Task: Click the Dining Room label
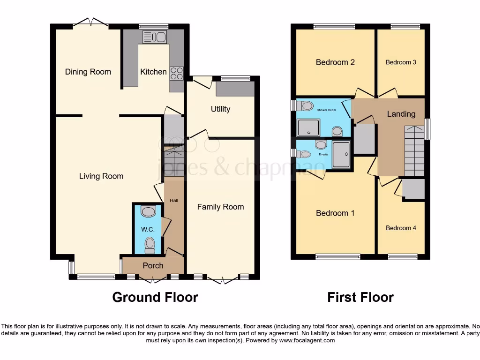point(88,72)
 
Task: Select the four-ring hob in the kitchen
point(177,72)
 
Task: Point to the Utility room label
point(220,109)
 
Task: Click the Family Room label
point(220,207)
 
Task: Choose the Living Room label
point(101,176)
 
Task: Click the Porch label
point(153,265)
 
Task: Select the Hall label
point(173,201)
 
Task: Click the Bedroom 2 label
point(335,62)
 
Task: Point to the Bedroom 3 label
point(401,62)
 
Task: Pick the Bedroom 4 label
point(401,228)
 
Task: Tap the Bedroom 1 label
point(335,213)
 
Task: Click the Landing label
point(401,114)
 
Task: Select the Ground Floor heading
point(155,297)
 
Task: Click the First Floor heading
point(360,297)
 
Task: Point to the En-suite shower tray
point(341,154)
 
